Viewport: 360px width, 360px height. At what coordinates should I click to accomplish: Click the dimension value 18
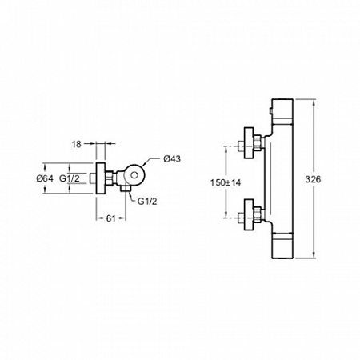coord(76,144)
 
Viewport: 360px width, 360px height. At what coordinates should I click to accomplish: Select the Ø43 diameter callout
coord(172,159)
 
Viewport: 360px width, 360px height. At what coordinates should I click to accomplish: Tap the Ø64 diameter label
coord(45,178)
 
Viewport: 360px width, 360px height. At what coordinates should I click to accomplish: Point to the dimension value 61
coord(111,218)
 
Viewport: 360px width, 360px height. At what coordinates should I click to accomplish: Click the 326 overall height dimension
coord(313,179)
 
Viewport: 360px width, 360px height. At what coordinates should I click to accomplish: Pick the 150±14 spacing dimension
coord(226,182)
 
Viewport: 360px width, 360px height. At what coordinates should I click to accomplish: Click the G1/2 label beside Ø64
coord(70,178)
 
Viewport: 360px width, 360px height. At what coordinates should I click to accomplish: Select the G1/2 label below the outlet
coord(147,202)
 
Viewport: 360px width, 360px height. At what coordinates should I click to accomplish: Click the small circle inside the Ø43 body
coord(134,175)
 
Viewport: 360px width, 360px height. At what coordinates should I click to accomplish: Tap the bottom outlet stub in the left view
coord(126,189)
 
